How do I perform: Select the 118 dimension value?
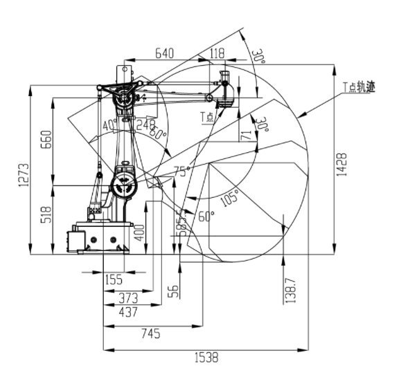coord(217,53)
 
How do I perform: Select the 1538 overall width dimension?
coord(206,358)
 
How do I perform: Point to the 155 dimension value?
coord(113,279)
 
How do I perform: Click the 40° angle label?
coord(108,125)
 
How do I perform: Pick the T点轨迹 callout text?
coord(359,88)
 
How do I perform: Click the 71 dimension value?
coord(243,136)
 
